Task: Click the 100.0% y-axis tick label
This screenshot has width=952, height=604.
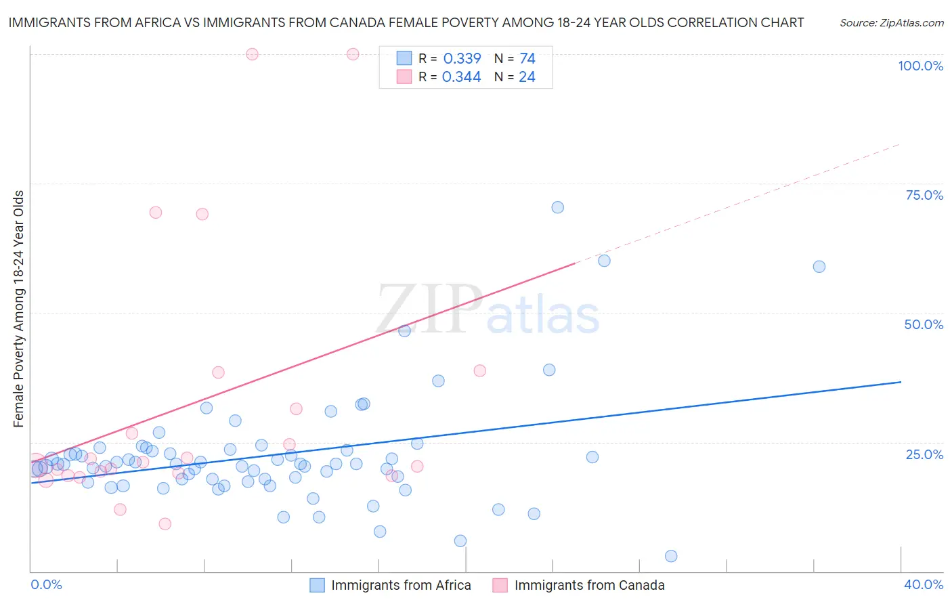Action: pos(920,66)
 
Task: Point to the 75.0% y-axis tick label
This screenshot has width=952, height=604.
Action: pos(924,195)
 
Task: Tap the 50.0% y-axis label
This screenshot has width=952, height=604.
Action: pos(924,324)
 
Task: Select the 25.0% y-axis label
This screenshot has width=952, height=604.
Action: pos(924,454)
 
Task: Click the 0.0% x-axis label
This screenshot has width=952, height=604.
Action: pos(46,584)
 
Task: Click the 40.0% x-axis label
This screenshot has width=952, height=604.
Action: pos(924,584)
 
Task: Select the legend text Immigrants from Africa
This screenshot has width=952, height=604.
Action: pos(401,585)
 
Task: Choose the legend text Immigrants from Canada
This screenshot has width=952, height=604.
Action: pos(589,585)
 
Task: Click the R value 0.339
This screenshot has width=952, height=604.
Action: pos(462,59)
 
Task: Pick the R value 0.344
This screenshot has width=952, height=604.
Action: pos(461,77)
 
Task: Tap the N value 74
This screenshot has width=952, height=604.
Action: pos(527,59)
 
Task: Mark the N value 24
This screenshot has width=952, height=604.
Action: pos(527,77)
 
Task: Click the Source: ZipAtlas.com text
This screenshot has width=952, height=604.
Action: pos(892,23)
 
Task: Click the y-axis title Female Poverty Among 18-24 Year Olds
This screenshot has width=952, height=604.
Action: pos(19,309)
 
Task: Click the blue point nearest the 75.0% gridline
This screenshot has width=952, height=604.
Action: pos(557,207)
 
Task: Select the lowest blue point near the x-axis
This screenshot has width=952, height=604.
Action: pos(671,556)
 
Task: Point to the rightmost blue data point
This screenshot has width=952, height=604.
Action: pos(819,267)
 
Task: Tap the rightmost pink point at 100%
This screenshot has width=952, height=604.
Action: pos(353,54)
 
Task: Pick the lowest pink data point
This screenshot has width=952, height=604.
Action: pos(165,523)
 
